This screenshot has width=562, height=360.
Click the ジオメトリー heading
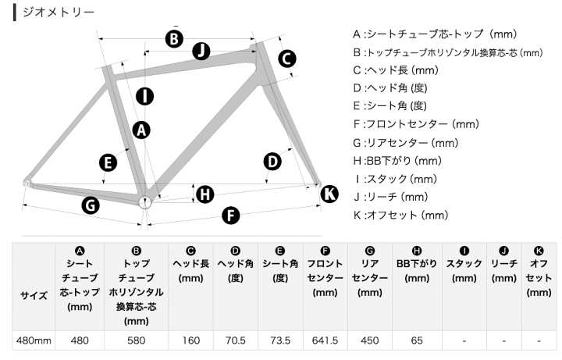point(59,12)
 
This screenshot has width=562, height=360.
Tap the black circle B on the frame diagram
point(174,39)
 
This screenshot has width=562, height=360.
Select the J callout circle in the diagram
point(201,51)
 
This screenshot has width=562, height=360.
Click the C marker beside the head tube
point(286,59)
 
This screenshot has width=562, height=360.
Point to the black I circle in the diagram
point(145,96)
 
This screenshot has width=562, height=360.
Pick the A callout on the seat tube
point(141,130)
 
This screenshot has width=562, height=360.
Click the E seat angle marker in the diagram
point(108,162)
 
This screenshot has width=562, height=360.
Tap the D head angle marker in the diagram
point(272,162)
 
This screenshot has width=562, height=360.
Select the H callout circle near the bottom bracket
point(205,194)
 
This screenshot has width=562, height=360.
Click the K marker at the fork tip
point(329,194)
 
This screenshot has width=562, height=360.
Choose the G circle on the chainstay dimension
point(91,205)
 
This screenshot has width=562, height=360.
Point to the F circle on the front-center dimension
point(230,216)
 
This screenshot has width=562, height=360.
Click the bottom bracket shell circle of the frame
point(145,202)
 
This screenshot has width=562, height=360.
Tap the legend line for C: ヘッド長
point(396,70)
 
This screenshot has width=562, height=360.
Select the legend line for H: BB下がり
point(397,161)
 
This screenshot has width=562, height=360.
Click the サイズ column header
point(34,295)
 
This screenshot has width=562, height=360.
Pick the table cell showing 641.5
point(325,340)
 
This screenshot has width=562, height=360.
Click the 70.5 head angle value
point(236,340)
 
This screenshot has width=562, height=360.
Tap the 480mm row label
point(34,340)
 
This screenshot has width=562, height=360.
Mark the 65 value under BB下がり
point(417,340)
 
